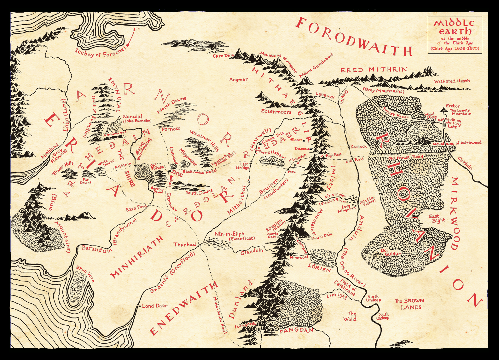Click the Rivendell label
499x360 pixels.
298,158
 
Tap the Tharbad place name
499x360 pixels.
184,244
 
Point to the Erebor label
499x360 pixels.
453,106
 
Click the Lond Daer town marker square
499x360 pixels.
139,306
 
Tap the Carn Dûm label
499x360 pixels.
223,56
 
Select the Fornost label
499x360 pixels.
171,129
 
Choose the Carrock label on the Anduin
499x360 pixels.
359,146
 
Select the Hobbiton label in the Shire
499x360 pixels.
123,165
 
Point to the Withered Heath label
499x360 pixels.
452,81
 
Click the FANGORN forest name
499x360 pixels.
296,330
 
